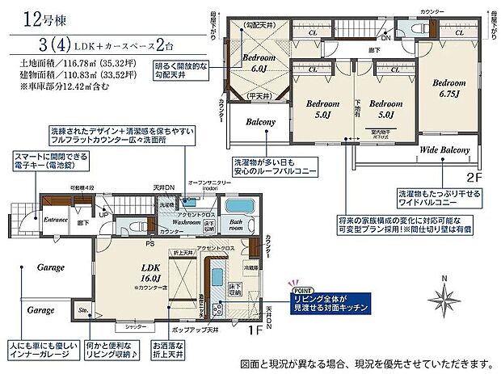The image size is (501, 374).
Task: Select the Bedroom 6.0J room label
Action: click(259, 63)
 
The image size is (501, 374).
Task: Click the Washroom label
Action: click(191, 220)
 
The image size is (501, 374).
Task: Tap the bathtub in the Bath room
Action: click(239, 204)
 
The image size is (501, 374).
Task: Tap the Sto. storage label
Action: click(82, 308)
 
